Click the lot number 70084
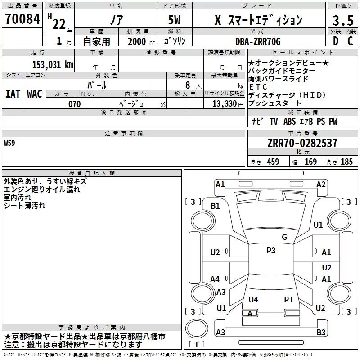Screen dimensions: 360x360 22,19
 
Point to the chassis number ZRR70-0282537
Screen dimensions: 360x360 302,143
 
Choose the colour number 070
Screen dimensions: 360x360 74,104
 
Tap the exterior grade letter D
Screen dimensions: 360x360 335,41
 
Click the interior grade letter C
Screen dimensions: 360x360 350,41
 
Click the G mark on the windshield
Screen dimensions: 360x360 284,237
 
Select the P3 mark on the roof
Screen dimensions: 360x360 271,251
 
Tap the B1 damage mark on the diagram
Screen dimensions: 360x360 216,206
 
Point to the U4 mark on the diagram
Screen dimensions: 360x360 253,299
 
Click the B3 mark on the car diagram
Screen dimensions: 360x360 320,333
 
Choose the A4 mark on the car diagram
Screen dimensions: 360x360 215,279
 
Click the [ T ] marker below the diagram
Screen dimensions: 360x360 196,345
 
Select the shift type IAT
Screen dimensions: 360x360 13,94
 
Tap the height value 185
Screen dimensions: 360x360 346,162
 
